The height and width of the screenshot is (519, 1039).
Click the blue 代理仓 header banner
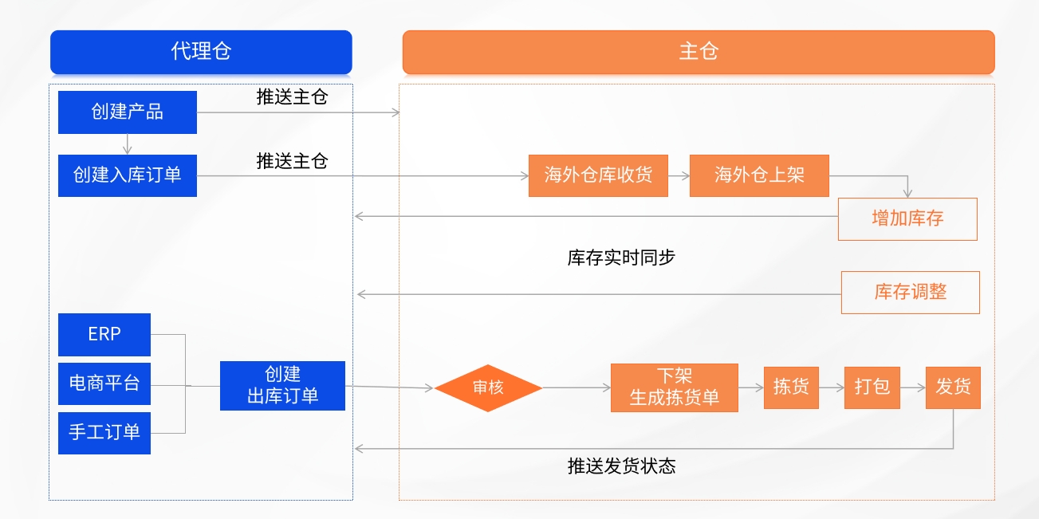pyautogui.click(x=201, y=52)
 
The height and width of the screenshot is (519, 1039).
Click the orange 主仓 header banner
pyautogui.click(x=699, y=52)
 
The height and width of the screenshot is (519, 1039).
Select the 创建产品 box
pyautogui.click(x=128, y=112)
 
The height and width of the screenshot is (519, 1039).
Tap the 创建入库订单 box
pyautogui.click(x=128, y=175)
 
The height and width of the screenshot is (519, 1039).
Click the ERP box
pyautogui.click(x=104, y=334)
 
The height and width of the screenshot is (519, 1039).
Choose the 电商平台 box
pyautogui.click(x=104, y=383)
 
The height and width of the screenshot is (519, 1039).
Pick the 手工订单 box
pyautogui.click(x=104, y=433)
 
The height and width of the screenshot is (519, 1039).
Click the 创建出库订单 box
pyautogui.click(x=282, y=386)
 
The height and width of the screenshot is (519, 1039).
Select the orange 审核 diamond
pyautogui.click(x=488, y=387)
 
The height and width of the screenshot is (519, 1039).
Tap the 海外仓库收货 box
pyautogui.click(x=598, y=175)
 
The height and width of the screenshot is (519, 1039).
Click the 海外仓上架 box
pyautogui.click(x=759, y=175)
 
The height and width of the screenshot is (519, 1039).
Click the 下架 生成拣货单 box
pyautogui.click(x=675, y=387)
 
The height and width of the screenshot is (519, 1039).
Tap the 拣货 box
pyautogui.click(x=791, y=387)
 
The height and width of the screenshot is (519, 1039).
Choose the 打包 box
pyautogui.click(x=872, y=387)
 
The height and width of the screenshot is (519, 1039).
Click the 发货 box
pyautogui.click(x=953, y=387)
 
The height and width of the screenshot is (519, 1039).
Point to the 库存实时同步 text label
pyautogui.click(x=621, y=258)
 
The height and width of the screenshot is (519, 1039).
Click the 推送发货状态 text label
pyautogui.click(x=621, y=466)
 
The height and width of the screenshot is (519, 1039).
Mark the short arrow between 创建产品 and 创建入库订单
pyautogui.click(x=128, y=144)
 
